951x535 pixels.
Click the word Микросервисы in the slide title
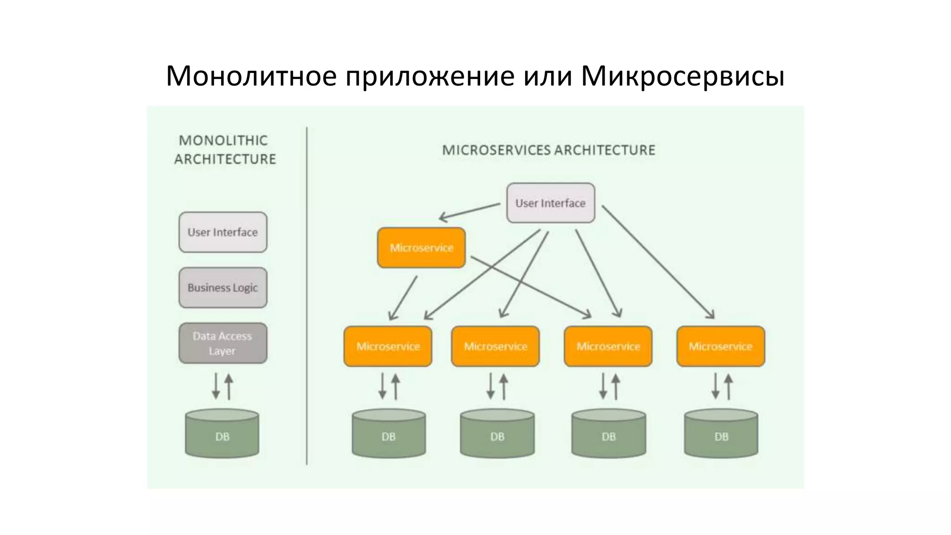(682, 76)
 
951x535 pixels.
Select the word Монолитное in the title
(251, 76)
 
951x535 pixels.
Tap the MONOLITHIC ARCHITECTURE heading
(225, 150)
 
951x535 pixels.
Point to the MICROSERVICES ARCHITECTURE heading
(548, 150)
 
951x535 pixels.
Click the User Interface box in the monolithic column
(223, 232)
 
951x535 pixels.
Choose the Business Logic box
(223, 287)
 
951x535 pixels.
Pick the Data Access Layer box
(223, 343)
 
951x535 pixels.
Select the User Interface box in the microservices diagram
(550, 203)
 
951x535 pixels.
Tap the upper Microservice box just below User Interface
(421, 248)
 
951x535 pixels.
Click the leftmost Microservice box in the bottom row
(388, 346)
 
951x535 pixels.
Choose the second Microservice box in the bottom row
(495, 346)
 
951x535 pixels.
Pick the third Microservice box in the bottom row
(608, 346)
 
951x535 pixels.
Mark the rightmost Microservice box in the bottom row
(721, 346)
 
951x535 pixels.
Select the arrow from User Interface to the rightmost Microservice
(658, 262)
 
